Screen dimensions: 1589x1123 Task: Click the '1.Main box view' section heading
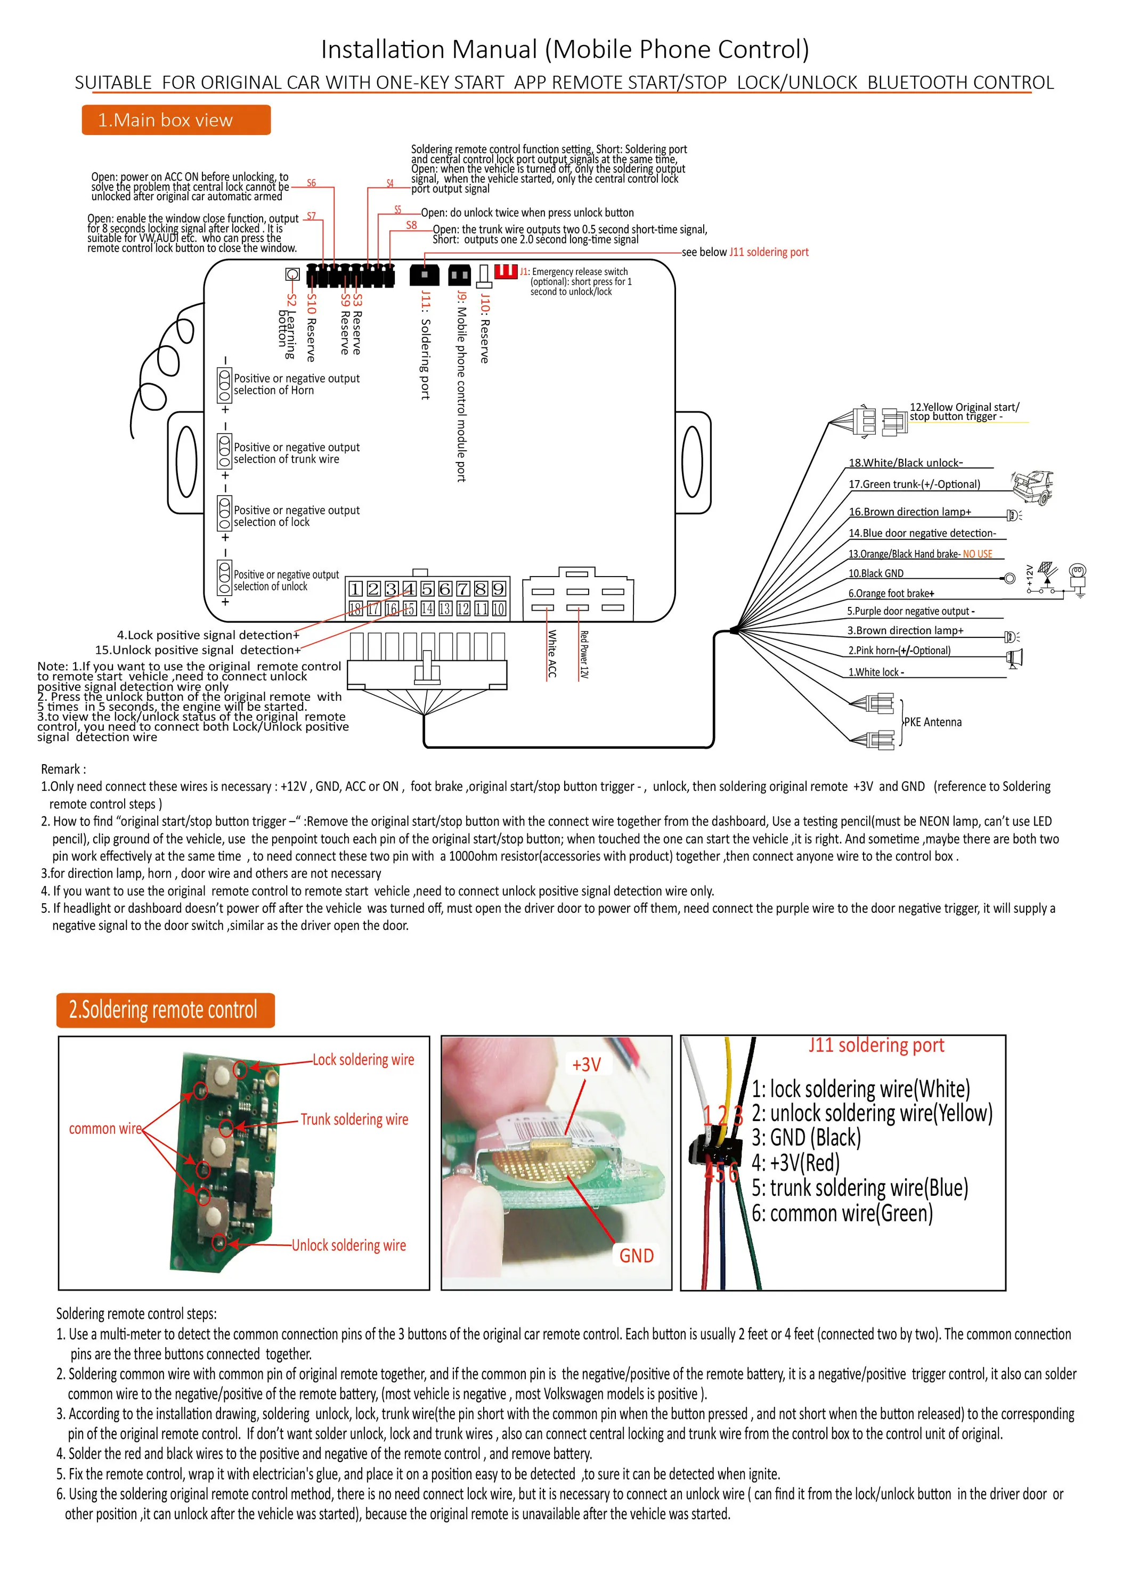click(x=176, y=120)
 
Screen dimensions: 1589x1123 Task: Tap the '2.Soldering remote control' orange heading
click(x=165, y=1010)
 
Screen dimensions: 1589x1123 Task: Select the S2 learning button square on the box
click(x=292, y=274)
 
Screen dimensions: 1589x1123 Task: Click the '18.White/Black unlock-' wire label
click(x=906, y=463)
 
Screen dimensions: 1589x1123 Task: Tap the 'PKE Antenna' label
click(x=933, y=722)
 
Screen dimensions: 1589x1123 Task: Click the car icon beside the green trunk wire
click(x=1033, y=487)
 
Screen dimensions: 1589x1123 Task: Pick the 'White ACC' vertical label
click(x=552, y=653)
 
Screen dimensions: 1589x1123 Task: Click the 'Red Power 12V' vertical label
click(x=584, y=654)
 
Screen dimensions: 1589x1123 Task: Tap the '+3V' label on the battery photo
click(x=586, y=1065)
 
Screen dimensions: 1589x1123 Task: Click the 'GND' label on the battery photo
click(x=636, y=1255)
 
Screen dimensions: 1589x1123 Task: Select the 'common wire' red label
click(x=105, y=1129)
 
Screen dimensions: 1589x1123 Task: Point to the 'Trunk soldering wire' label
click(x=354, y=1119)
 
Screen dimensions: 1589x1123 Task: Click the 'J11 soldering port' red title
click(x=876, y=1045)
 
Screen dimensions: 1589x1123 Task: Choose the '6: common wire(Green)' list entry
click(x=842, y=1213)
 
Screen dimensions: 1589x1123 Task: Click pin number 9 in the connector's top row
click(x=498, y=589)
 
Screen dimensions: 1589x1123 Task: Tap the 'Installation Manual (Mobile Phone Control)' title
click(x=565, y=50)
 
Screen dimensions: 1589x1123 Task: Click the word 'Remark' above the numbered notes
click(x=63, y=769)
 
